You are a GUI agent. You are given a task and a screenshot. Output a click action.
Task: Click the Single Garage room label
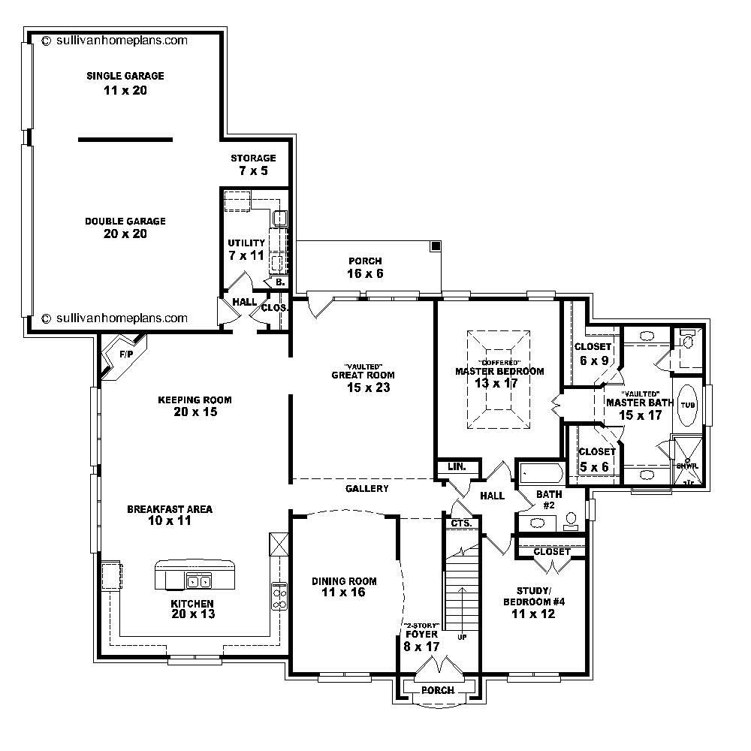pyautogui.click(x=125, y=76)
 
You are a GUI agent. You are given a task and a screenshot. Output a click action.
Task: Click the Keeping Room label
pyautogui.click(x=195, y=400)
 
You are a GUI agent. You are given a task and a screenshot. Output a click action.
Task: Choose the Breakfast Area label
pyautogui.click(x=170, y=508)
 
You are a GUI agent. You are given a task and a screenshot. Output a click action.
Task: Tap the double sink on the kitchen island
pyautogui.click(x=199, y=581)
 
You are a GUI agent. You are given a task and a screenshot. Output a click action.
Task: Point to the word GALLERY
pyautogui.click(x=366, y=489)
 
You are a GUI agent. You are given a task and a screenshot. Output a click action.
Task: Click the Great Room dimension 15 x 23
pyautogui.click(x=363, y=388)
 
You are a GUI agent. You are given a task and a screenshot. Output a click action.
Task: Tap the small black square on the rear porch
pyautogui.click(x=435, y=246)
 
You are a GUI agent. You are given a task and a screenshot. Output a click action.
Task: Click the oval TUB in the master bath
pyautogui.click(x=688, y=405)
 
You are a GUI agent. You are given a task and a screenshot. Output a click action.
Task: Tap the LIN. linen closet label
pyautogui.click(x=457, y=467)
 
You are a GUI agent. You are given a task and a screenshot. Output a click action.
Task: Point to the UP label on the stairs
pyautogui.click(x=462, y=637)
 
